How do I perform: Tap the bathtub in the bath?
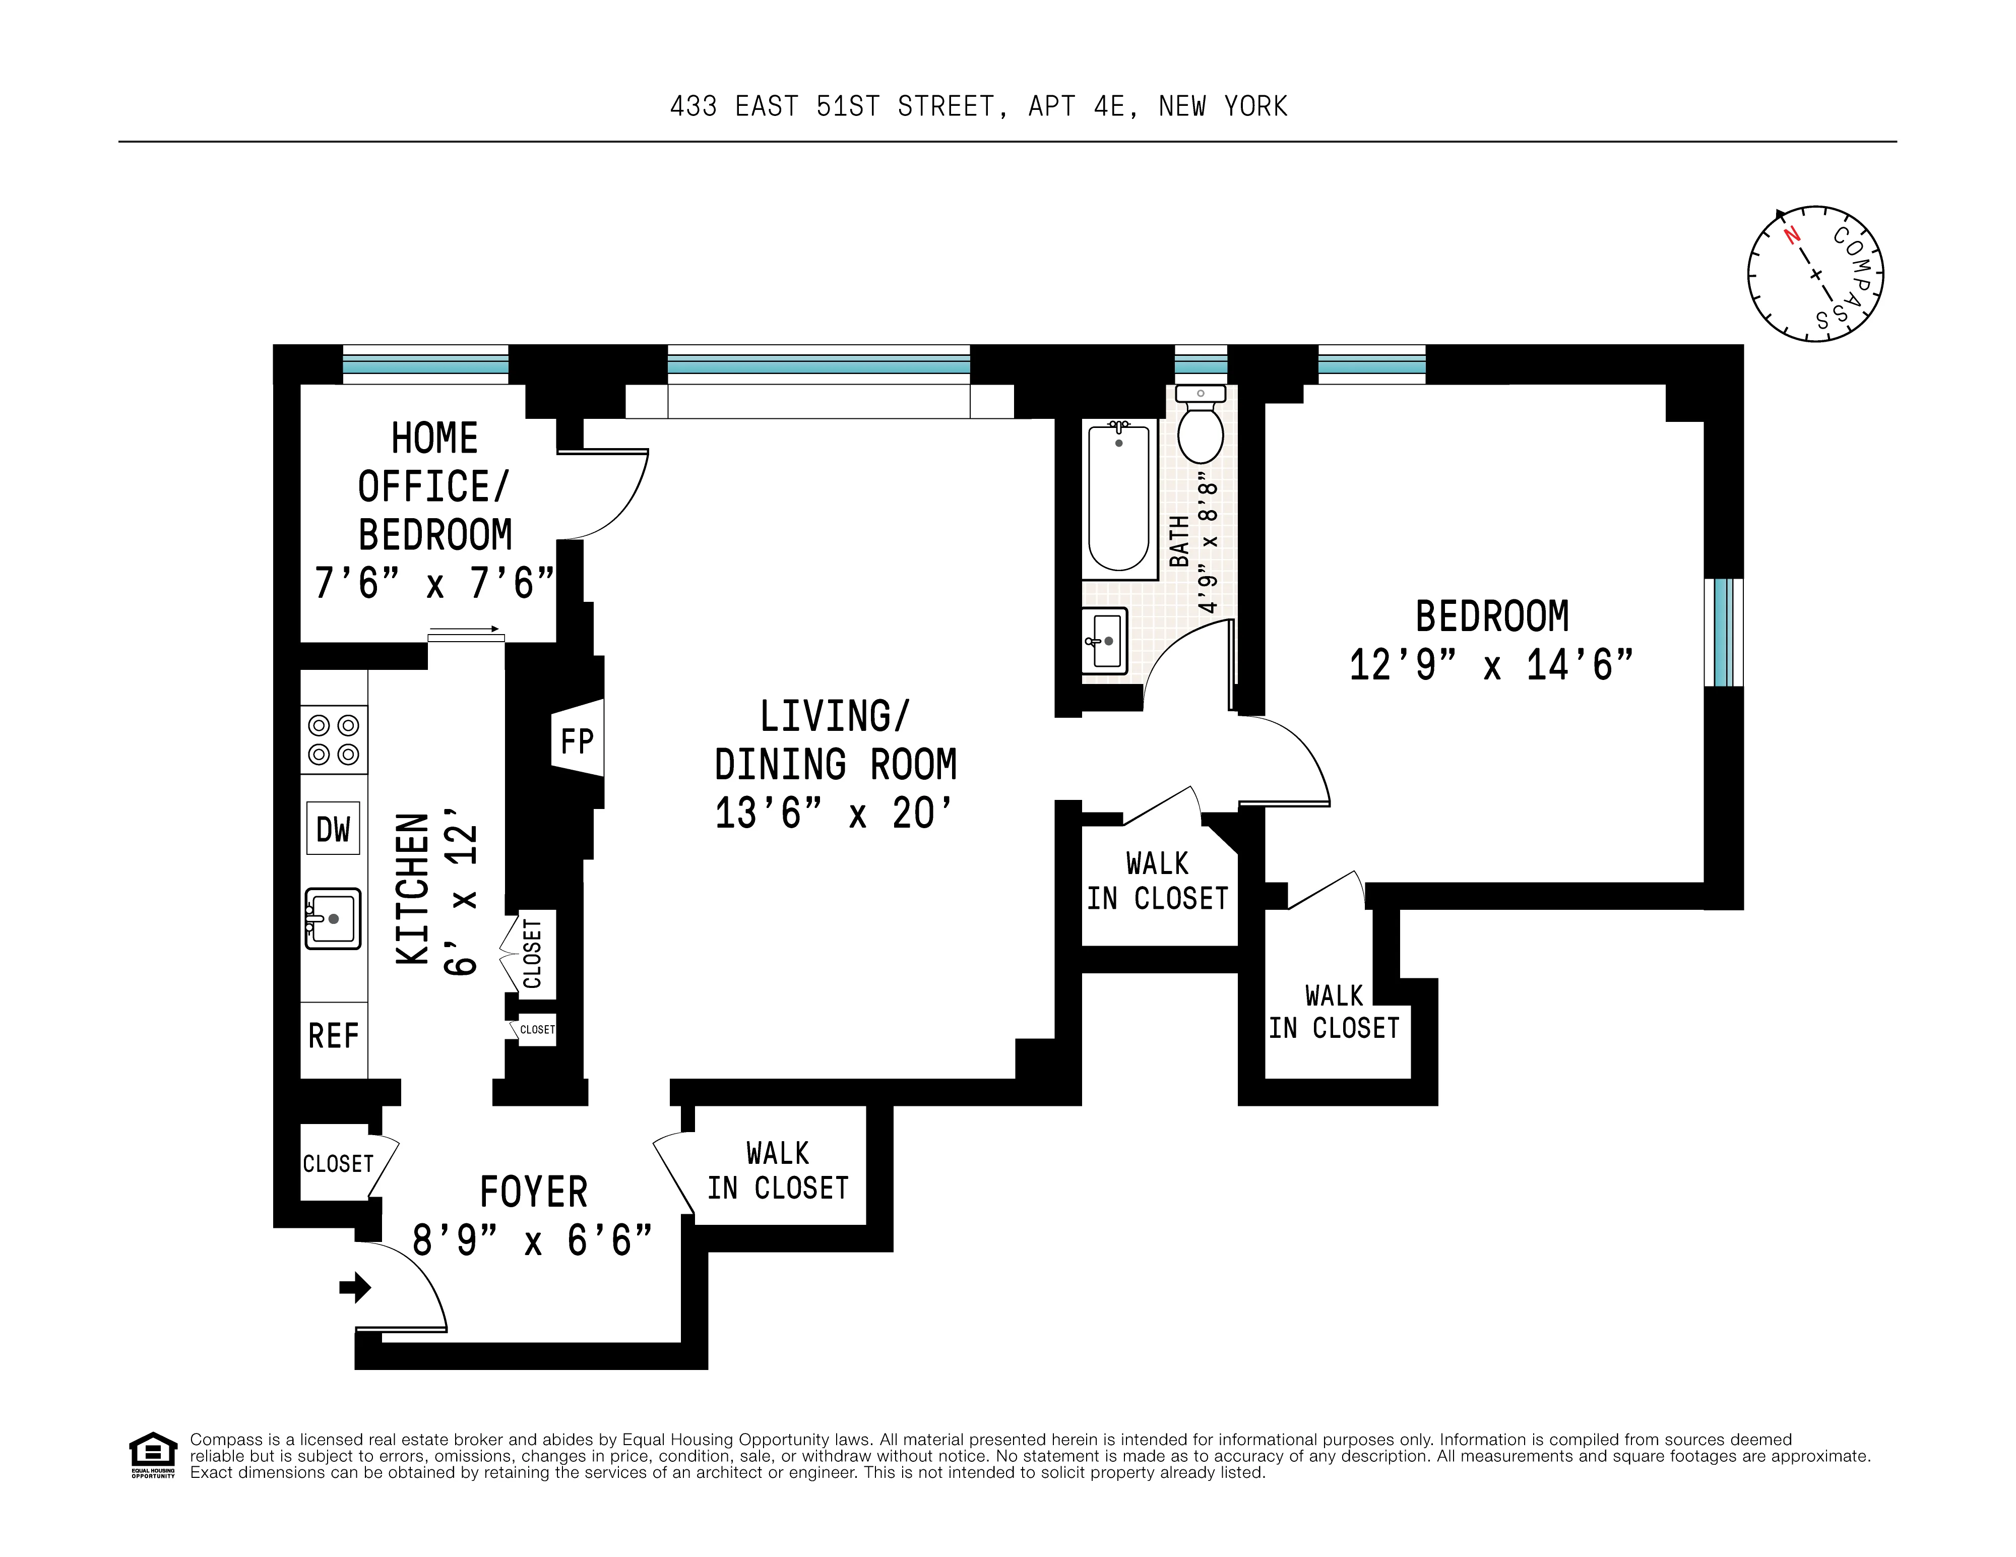[1119, 499]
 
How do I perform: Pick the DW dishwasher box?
[333, 829]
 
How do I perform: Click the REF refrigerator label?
[333, 1035]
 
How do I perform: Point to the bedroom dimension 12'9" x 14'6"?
[1491, 664]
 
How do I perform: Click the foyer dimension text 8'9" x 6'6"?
[533, 1240]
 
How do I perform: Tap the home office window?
[425, 364]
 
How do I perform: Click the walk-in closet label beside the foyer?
[778, 1170]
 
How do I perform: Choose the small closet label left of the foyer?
[338, 1164]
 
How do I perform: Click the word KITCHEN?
[413, 889]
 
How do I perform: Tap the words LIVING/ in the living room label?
[835, 716]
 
